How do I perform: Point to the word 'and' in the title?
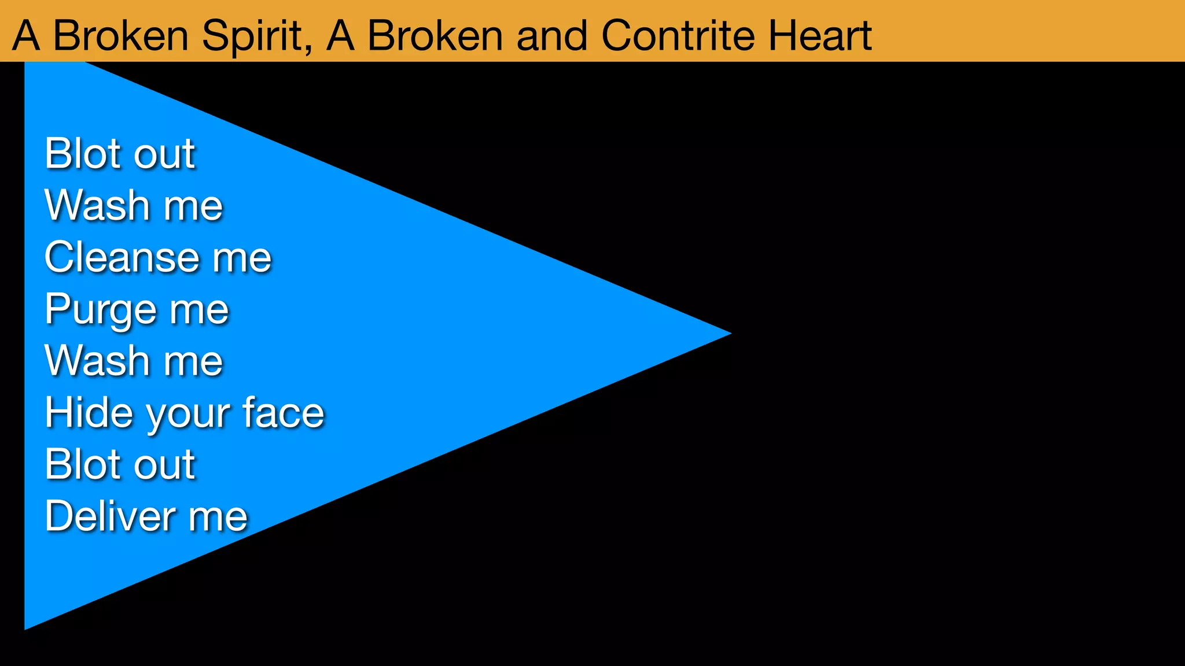tap(553, 36)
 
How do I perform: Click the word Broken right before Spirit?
tap(121, 36)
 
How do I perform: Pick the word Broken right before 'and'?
tap(435, 36)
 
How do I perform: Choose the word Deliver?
tap(111, 516)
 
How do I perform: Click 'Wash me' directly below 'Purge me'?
tap(134, 361)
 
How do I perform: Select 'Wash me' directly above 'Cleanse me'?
tap(134, 206)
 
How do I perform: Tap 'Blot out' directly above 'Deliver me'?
tap(120, 464)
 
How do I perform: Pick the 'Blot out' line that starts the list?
tap(120, 154)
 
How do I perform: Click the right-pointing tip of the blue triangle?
tap(728, 333)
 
